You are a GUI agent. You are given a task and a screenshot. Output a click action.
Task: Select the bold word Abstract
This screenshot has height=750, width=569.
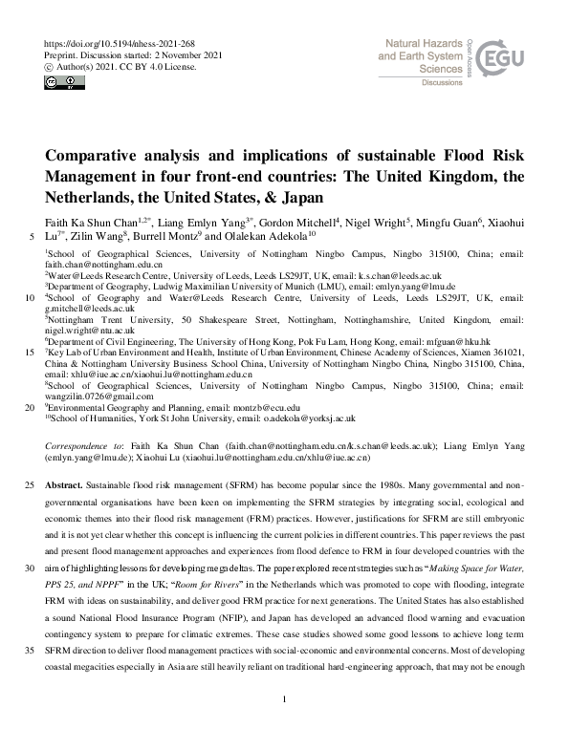pos(62,485)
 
